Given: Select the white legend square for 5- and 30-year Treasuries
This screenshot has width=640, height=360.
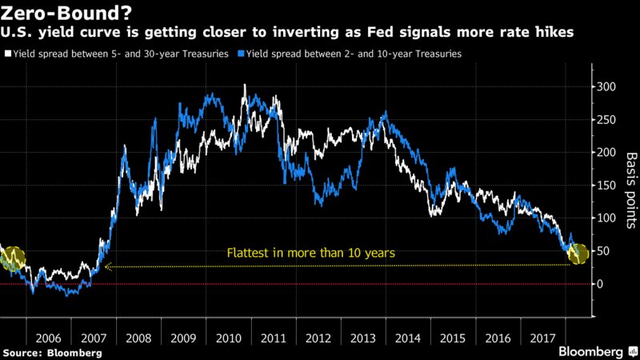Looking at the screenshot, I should coord(7,54).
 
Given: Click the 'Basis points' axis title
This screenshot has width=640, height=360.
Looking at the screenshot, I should coord(630,186).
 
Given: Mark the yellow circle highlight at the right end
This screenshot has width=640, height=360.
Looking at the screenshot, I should coord(577,254).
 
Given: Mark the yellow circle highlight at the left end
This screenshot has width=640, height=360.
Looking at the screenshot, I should coord(14,258).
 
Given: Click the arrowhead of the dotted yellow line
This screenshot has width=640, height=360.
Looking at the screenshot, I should coord(107,266).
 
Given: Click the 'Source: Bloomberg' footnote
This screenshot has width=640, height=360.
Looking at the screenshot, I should coord(52,352).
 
